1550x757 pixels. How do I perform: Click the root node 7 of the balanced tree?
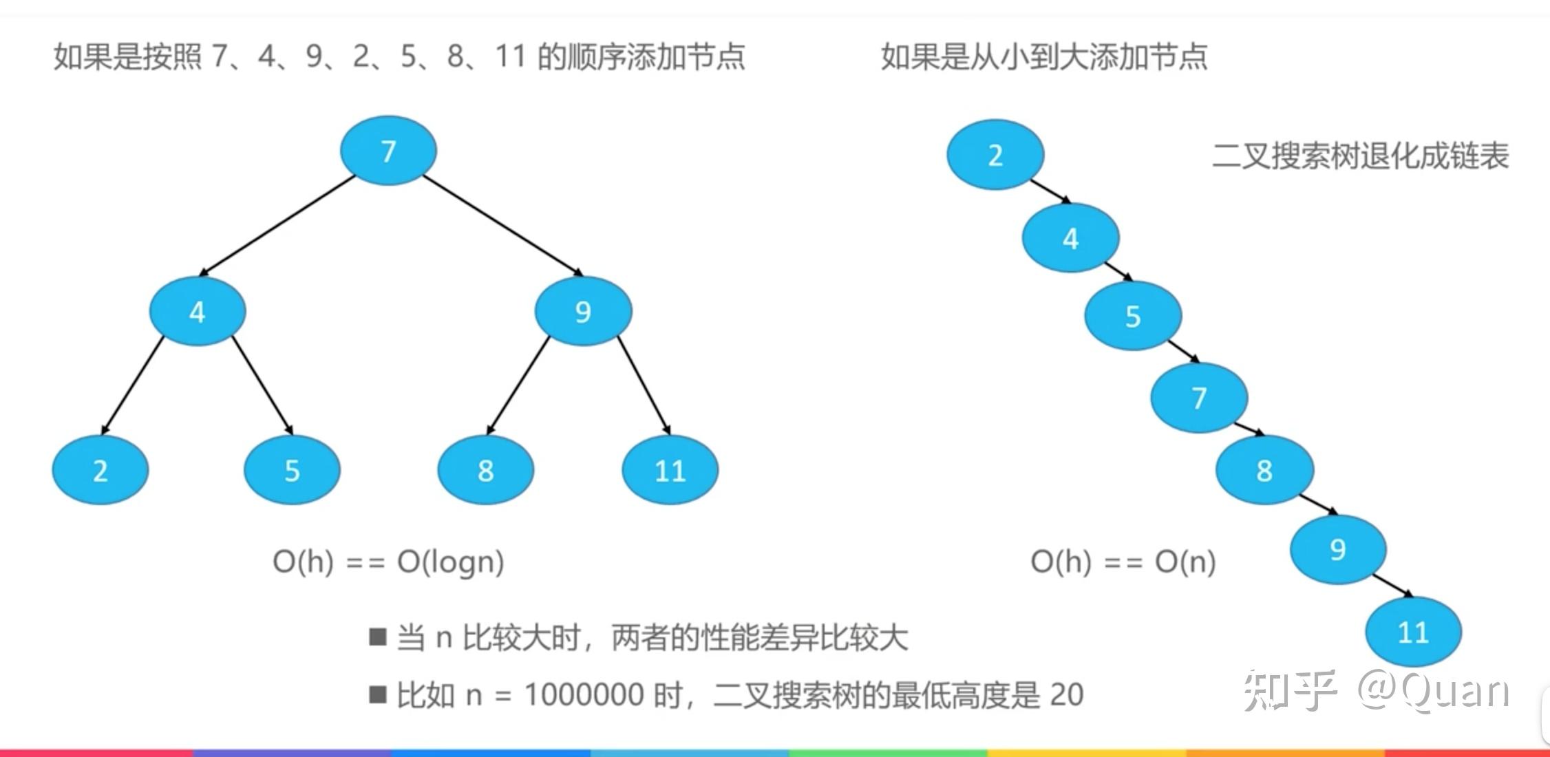[x=388, y=151]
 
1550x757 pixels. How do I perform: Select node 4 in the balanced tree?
[x=198, y=311]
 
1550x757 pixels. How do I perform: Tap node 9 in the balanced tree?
[x=583, y=311]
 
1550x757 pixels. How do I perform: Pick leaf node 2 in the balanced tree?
[x=100, y=470]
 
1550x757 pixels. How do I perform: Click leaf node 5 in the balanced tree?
[x=292, y=470]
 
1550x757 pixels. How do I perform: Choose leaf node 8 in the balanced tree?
[x=485, y=470]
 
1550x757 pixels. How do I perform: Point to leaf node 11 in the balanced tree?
[x=670, y=470]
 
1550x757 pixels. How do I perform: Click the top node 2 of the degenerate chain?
[x=995, y=155]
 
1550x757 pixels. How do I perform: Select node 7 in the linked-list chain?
[x=1199, y=397]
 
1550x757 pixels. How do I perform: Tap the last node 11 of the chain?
[x=1413, y=632]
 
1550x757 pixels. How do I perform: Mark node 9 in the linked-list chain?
[x=1337, y=549]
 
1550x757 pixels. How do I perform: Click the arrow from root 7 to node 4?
[x=277, y=225]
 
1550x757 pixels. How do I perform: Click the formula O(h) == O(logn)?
[x=388, y=562]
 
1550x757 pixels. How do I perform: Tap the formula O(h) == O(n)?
[x=1123, y=562]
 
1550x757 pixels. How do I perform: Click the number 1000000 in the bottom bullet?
[x=584, y=694]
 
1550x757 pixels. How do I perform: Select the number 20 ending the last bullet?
[x=1066, y=694]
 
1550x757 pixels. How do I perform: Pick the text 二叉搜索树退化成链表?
[x=1360, y=156]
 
